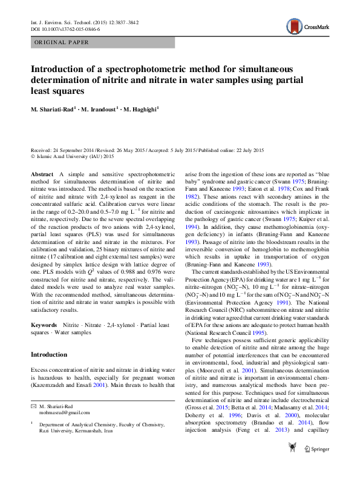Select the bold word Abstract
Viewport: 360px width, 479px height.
42,174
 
